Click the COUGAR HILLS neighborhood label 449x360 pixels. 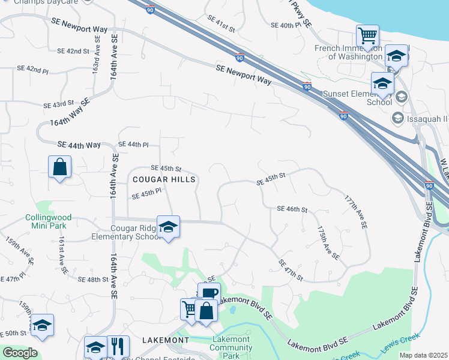(164, 179)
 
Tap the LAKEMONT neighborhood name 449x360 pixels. (166, 340)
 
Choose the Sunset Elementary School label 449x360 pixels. (357, 98)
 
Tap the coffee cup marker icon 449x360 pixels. (209, 293)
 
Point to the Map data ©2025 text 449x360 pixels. (423, 355)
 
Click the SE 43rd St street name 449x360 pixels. (58, 104)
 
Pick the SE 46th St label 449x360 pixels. (292, 209)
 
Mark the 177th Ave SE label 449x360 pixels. (355, 212)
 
